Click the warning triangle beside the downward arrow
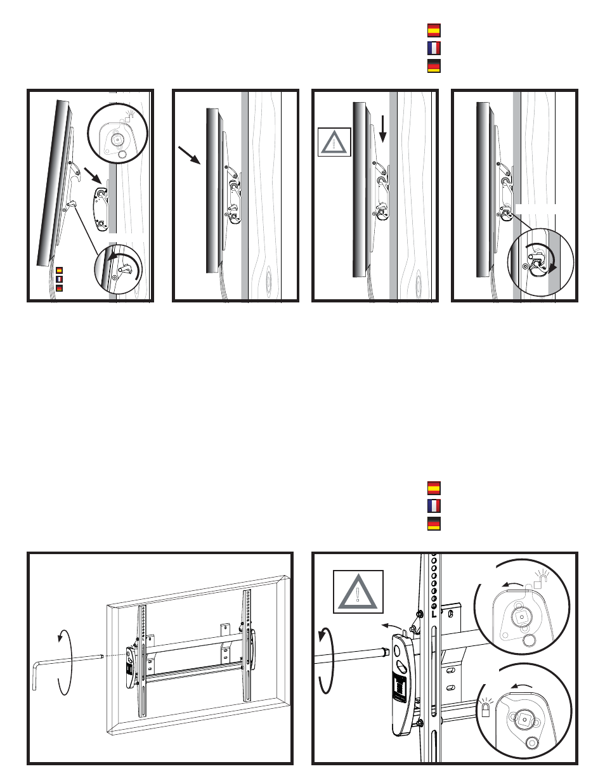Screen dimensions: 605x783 coord(334,143)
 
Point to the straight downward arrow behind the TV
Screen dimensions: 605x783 coord(382,129)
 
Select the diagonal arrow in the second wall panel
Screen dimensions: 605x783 coord(190,155)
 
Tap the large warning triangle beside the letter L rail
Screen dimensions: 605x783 coord(358,592)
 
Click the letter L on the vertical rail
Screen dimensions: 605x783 coord(434,614)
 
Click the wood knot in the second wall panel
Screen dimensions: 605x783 coord(268,278)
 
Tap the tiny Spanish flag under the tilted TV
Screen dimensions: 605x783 coord(60,270)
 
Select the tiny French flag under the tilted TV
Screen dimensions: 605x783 coord(60,279)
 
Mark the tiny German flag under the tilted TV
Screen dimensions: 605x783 coord(60,288)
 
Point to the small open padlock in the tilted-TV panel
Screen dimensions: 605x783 coord(129,115)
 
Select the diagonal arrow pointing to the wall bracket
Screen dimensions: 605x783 coord(93,175)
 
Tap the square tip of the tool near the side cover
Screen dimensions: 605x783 coord(385,651)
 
